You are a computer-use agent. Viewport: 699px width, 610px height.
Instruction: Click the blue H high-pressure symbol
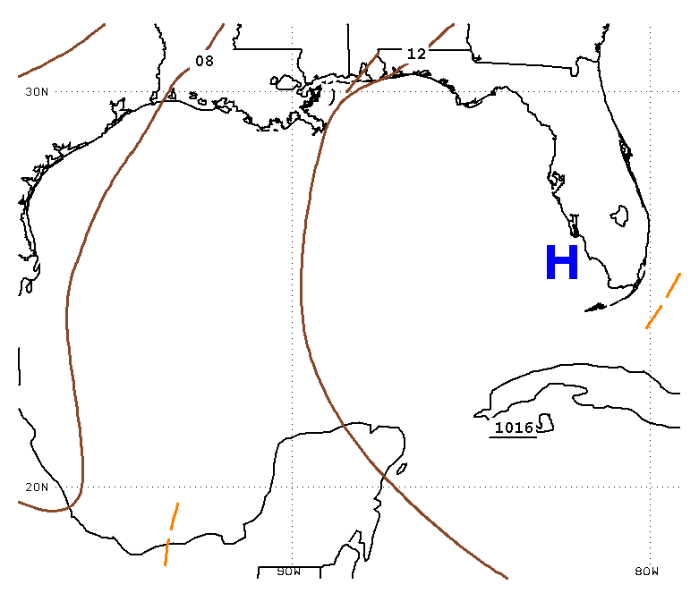tap(562, 262)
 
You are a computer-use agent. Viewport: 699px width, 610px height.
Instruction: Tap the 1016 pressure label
tap(514, 428)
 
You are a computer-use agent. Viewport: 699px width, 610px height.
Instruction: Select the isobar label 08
tap(205, 61)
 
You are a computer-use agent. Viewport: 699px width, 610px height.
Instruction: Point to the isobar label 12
tap(417, 54)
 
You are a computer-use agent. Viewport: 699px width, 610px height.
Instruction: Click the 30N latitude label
tap(37, 92)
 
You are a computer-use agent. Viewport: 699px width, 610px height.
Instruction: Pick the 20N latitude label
tap(37, 487)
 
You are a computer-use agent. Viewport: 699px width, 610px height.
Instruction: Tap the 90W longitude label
tap(289, 572)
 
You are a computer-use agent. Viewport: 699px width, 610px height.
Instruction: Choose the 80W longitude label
tap(646, 572)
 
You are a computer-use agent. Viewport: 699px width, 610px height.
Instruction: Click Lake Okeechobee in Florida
tap(619, 216)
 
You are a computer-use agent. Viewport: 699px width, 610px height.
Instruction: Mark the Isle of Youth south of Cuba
tap(546, 423)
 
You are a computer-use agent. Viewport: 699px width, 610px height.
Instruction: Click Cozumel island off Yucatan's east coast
tap(402, 469)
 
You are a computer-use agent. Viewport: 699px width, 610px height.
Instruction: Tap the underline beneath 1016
tap(513, 437)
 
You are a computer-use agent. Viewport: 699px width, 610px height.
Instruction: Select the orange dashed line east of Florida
tap(663, 301)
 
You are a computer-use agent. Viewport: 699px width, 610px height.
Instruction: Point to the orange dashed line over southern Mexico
tap(171, 534)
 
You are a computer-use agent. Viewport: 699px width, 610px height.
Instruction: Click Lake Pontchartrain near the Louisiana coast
tap(284, 82)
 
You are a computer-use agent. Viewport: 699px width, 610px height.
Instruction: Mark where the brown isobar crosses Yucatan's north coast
tap(344, 426)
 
